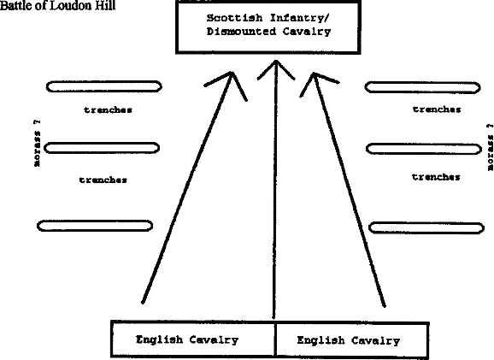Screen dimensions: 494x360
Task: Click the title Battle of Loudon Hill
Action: [57, 5]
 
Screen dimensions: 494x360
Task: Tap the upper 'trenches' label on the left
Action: [108, 109]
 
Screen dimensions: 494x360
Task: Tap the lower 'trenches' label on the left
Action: [103, 180]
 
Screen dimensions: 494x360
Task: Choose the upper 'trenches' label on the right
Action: [437, 109]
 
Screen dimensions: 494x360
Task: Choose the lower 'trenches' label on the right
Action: [436, 176]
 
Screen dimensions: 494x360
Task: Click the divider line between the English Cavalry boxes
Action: [275, 339]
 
